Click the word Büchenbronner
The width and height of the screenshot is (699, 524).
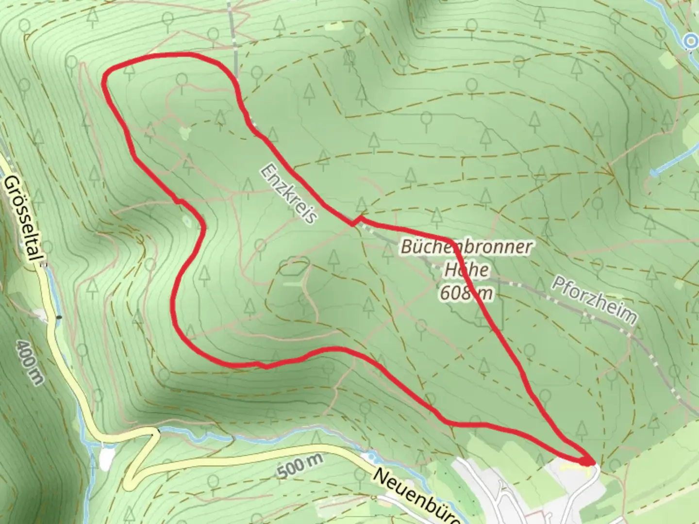tap(466, 247)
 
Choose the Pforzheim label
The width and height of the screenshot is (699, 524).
tap(594, 301)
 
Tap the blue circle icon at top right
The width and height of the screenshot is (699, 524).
tap(690, 42)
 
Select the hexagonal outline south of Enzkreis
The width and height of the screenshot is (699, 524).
tap(294, 267)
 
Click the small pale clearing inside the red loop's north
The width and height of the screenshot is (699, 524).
tap(185, 132)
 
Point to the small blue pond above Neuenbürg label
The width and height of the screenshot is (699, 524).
tap(371, 457)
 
